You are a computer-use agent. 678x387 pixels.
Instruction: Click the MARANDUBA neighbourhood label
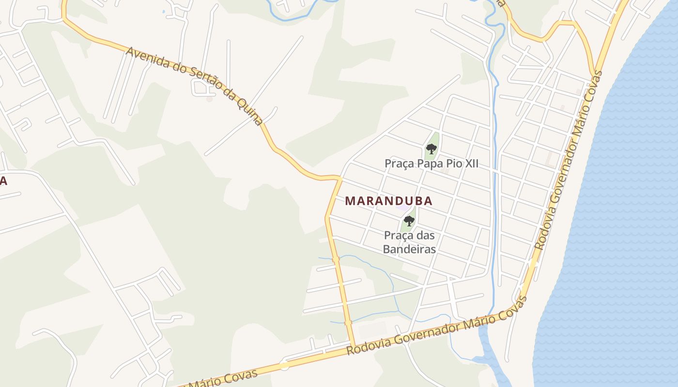(x=388, y=201)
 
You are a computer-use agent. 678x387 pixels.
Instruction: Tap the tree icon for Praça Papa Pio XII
(x=431, y=149)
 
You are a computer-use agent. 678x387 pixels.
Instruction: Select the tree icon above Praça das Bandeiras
(x=409, y=222)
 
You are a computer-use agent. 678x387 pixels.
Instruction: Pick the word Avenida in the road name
(x=144, y=57)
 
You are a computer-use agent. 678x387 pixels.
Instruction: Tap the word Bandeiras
(x=409, y=249)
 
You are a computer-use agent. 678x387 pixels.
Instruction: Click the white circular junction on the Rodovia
(x=284, y=366)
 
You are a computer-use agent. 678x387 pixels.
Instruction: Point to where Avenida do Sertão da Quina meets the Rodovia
(x=354, y=346)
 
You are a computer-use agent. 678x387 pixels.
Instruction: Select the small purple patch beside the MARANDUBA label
(x=403, y=208)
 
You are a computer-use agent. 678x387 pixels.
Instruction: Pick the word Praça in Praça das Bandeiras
(x=398, y=236)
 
